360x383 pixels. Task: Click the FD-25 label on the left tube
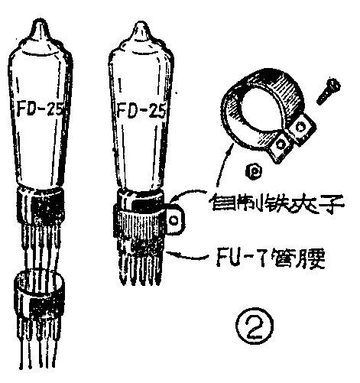pyautogui.click(x=40, y=109)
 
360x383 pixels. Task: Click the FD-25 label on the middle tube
pyautogui.click(x=141, y=110)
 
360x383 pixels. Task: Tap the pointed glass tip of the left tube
pyautogui.click(x=41, y=24)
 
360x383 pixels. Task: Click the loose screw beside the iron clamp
pyautogui.click(x=329, y=91)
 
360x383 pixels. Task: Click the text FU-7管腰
pyautogui.click(x=271, y=258)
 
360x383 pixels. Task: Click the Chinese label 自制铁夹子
pyautogui.click(x=277, y=203)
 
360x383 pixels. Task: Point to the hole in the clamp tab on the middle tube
pyautogui.click(x=174, y=220)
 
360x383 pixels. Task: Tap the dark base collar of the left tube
pyautogui.click(x=41, y=206)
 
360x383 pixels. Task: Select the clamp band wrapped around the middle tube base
pyautogui.click(x=149, y=219)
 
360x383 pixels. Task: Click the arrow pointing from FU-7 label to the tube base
pyautogui.click(x=187, y=255)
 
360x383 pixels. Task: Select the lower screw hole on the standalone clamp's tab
pyautogui.click(x=281, y=144)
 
